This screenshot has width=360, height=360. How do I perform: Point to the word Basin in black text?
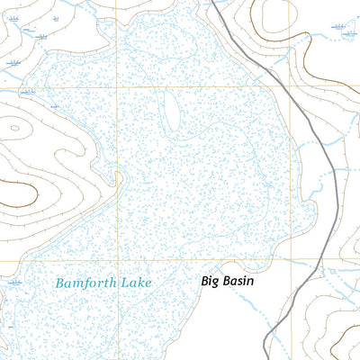(x=239, y=281)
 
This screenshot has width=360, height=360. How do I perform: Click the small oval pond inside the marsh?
(x=169, y=111)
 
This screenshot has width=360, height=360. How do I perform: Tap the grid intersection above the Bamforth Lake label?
(x=115, y=261)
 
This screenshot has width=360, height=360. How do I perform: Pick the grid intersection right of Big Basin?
(x=290, y=261)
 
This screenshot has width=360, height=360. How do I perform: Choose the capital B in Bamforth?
(x=59, y=283)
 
